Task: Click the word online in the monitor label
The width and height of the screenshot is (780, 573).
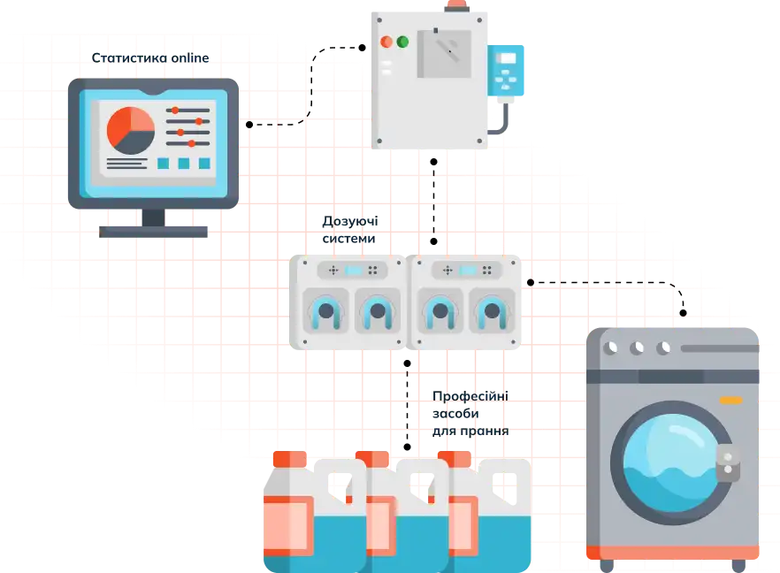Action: pyautogui.click(x=189, y=58)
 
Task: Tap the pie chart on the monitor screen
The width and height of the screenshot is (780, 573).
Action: pyautogui.click(x=131, y=131)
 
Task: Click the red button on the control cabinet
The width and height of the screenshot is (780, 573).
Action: pyautogui.click(x=386, y=42)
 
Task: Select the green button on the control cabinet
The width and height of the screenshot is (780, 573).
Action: pyautogui.click(x=402, y=42)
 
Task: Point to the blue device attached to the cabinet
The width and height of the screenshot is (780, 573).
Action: pyautogui.click(x=506, y=70)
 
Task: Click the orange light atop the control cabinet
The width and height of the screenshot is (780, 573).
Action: pyautogui.click(x=456, y=5)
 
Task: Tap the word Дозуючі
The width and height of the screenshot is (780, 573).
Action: pyautogui.click(x=350, y=221)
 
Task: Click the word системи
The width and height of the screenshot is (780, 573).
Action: pyautogui.click(x=348, y=239)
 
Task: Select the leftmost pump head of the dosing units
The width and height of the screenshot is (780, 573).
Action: pyautogui.click(x=325, y=311)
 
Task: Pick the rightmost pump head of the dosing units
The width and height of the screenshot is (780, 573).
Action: pyautogui.click(x=492, y=311)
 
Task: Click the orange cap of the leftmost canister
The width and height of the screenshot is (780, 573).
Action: pyautogui.click(x=290, y=459)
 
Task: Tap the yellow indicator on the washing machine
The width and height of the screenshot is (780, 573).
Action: pyautogui.click(x=730, y=401)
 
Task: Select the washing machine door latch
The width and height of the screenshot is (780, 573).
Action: pyautogui.click(x=728, y=463)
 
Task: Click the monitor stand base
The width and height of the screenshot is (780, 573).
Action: pyautogui.click(x=153, y=232)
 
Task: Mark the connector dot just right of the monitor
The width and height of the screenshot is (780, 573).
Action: pyautogui.click(x=249, y=125)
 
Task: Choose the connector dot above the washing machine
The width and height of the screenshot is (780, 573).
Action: pyautogui.click(x=683, y=313)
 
